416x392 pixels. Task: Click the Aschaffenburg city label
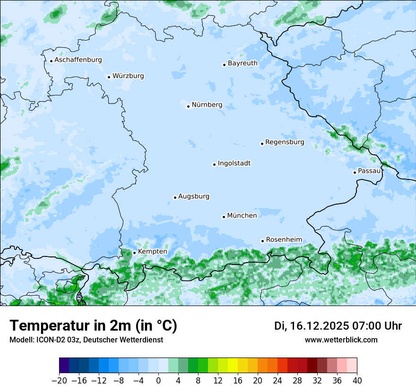click(x=78, y=60)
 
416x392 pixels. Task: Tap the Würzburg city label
click(x=128, y=76)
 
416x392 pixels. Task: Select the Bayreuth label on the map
click(x=243, y=63)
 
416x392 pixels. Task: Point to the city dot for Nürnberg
click(x=188, y=106)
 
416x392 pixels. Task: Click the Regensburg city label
click(x=285, y=142)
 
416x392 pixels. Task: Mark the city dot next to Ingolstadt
click(x=214, y=164)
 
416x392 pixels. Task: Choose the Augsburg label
click(x=194, y=196)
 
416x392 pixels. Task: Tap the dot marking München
click(x=224, y=217)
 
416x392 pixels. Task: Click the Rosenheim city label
click(x=284, y=240)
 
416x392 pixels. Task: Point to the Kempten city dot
click(x=134, y=253)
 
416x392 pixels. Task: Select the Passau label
click(x=369, y=171)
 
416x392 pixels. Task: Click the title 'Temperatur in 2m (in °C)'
click(x=93, y=326)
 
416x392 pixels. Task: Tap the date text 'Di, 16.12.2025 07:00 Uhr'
click(x=338, y=326)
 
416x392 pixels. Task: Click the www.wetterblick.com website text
click(x=341, y=340)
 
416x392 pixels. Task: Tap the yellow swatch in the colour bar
click(x=233, y=366)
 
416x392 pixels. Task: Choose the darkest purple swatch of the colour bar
click(x=64, y=366)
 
